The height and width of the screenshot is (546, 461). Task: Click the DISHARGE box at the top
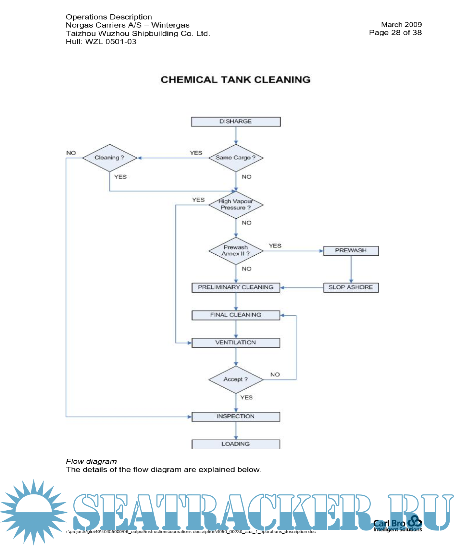236,122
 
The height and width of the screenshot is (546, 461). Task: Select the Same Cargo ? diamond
236,158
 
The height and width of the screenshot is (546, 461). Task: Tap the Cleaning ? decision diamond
110,158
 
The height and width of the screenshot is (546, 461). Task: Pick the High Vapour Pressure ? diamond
236,205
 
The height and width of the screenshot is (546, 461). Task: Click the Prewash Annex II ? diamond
236,251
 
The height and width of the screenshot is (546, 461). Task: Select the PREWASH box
351,251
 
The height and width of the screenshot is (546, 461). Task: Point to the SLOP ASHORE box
351,287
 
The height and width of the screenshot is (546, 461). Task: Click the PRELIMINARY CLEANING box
236,287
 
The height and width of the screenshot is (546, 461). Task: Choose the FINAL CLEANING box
236,315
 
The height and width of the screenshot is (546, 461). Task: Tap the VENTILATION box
236,343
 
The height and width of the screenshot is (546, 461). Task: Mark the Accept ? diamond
236,379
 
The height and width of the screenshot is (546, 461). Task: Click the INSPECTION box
236,417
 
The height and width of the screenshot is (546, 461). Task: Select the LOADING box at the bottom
236,444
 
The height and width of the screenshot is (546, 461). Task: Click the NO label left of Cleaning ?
71,153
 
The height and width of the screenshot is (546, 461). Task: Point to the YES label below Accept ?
246,397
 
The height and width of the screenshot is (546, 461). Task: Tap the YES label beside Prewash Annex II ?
275,246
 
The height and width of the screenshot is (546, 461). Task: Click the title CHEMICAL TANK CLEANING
236,80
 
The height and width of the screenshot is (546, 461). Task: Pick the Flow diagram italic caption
91,461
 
